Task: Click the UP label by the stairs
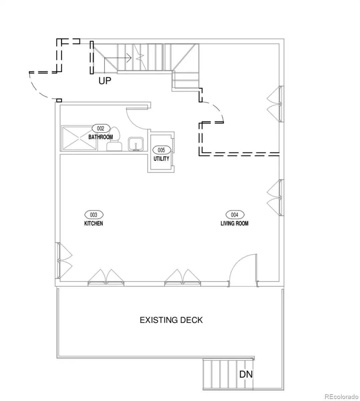(105, 81)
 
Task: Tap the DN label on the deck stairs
(246, 374)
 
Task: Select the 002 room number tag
(101, 129)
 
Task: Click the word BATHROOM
(101, 137)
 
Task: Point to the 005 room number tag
(161, 150)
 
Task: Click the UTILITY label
(161, 158)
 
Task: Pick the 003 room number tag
(94, 215)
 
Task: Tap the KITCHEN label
(94, 224)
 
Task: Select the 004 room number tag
(235, 215)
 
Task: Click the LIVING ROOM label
(234, 224)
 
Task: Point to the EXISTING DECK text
(171, 320)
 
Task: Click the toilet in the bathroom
(114, 139)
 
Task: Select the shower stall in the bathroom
(79, 138)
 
